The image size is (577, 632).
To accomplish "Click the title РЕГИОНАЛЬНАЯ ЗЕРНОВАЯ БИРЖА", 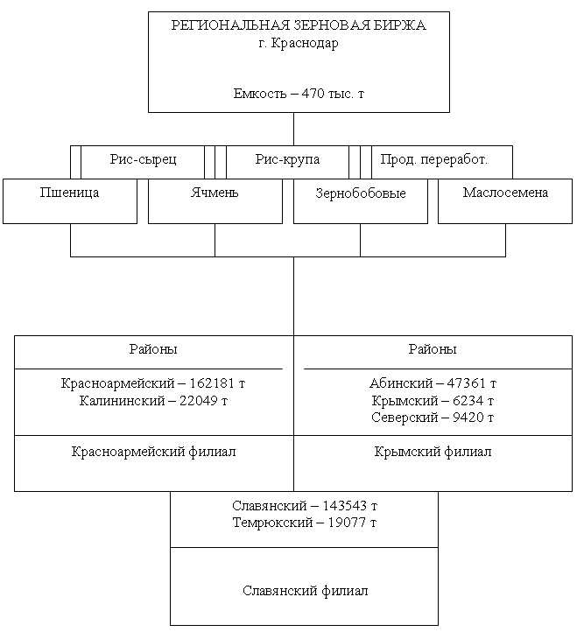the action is click(x=299, y=25).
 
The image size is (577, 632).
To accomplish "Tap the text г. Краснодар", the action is click(x=299, y=43).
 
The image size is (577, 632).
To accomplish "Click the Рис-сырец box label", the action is click(x=143, y=159).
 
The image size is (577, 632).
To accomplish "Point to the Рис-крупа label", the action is click(x=287, y=159).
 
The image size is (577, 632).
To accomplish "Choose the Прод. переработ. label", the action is click(x=434, y=159).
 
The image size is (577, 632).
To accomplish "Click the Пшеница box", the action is click(x=70, y=201).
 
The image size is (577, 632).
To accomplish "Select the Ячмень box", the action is click(x=215, y=201).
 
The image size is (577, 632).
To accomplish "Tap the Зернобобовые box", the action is click(x=361, y=201).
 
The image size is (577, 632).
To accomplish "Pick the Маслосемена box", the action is click(x=505, y=201).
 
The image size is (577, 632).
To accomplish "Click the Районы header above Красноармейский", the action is click(x=153, y=349).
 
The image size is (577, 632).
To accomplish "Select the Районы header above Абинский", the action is click(x=433, y=349).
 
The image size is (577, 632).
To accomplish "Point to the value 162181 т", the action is click(x=217, y=383).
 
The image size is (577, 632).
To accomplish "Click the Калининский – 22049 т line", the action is click(x=153, y=401).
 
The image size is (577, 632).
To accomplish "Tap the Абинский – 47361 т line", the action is click(x=433, y=383).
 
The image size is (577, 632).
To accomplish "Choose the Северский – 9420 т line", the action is click(x=433, y=418).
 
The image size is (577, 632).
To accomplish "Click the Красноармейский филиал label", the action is click(x=153, y=452).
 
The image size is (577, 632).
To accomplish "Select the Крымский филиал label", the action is click(x=433, y=452).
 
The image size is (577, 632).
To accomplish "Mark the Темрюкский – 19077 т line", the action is click(x=305, y=523).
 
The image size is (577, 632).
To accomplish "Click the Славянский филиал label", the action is click(x=306, y=591).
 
